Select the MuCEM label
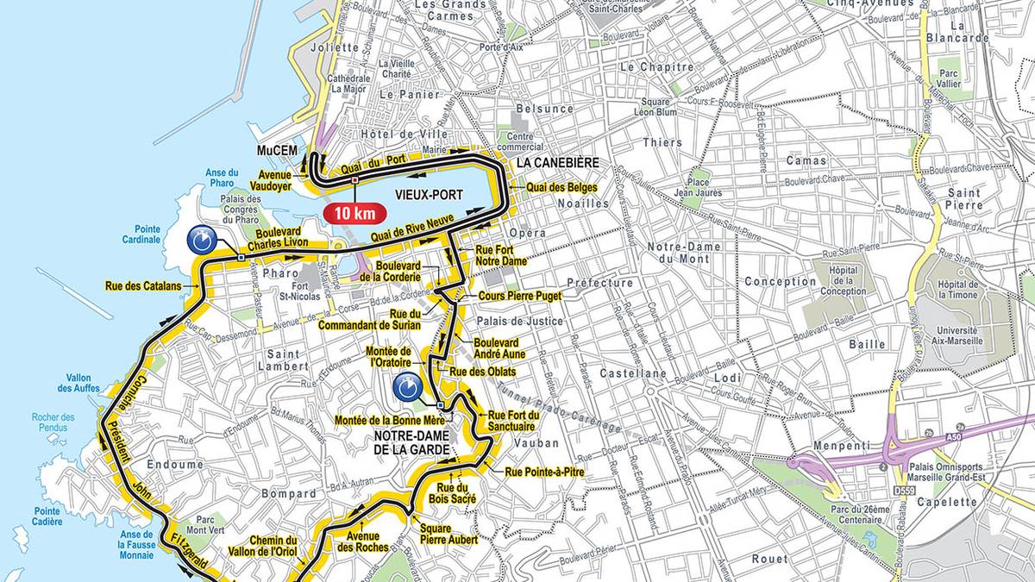point(277,151)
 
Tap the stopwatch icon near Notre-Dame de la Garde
point(408,387)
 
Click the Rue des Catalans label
point(143,285)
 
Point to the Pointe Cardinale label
point(141,235)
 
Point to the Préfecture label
point(599,283)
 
